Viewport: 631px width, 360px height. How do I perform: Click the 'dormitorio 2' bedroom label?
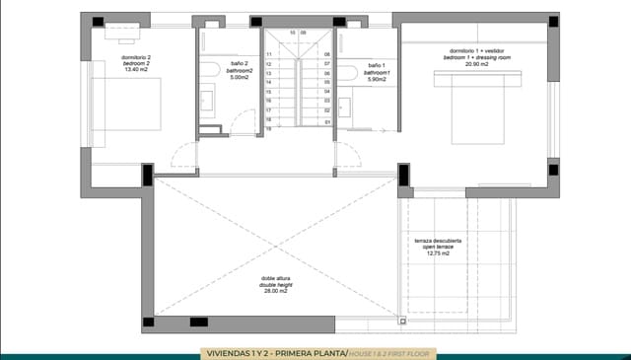pos(135,57)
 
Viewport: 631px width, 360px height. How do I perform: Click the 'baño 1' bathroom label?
pos(377,65)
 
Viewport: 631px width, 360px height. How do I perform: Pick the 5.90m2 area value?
pos(377,79)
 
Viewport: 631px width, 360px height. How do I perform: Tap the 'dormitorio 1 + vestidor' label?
pos(478,50)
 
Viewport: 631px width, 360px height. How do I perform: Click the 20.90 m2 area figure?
pos(478,64)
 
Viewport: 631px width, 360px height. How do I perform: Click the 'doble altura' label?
pos(274,278)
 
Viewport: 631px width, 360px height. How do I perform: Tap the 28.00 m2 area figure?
pos(274,292)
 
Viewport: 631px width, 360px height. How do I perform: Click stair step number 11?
pos(268,54)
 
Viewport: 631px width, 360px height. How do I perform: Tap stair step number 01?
pos(326,122)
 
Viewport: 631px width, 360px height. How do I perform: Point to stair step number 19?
pos(268,129)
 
